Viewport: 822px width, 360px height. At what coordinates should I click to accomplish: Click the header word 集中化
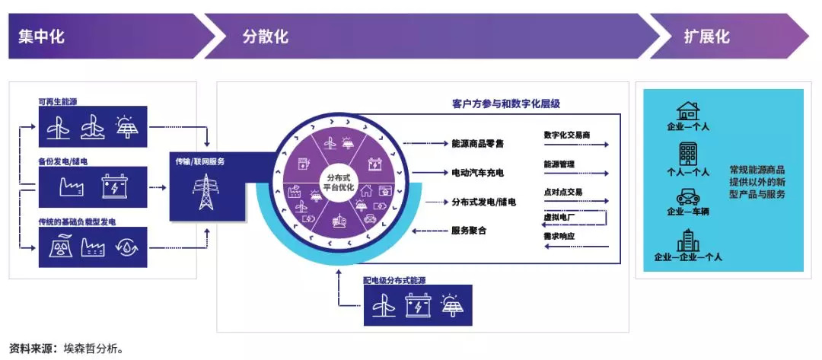[40, 36]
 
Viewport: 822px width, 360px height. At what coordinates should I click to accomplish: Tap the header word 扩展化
[706, 36]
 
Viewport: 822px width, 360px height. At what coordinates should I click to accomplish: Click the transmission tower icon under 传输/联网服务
[205, 191]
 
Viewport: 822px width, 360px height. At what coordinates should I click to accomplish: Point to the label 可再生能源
[58, 100]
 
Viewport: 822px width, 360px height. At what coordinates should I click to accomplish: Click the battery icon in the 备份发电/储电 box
[114, 186]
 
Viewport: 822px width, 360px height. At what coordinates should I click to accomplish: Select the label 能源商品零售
[478, 143]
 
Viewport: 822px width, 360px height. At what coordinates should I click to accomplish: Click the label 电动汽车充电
[477, 173]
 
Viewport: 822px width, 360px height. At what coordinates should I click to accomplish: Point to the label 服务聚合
[468, 231]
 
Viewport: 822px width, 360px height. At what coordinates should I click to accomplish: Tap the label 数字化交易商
[567, 135]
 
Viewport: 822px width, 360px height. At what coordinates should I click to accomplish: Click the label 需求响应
[559, 237]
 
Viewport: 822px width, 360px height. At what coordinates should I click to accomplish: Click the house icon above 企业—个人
[688, 111]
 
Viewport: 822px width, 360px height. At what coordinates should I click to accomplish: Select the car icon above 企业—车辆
[688, 196]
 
